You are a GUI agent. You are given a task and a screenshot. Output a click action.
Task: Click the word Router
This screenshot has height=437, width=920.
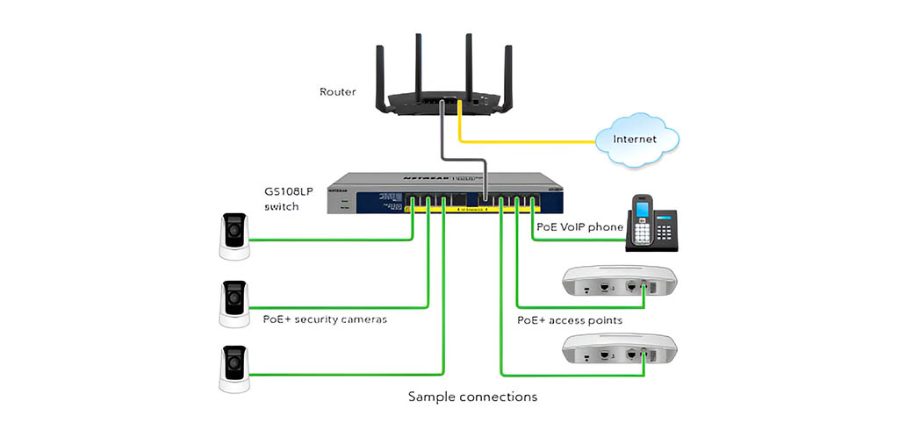[x=338, y=91]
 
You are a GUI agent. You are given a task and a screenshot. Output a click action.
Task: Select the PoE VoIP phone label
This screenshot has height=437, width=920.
[x=579, y=227]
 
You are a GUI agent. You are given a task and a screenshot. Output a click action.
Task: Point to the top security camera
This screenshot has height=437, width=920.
[x=234, y=236]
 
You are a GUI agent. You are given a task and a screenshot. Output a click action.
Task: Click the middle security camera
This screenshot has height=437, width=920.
[x=234, y=303]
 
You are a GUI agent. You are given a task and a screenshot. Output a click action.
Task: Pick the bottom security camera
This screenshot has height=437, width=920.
[x=234, y=369]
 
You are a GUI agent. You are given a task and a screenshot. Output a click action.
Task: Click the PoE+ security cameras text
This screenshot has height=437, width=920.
[x=325, y=319]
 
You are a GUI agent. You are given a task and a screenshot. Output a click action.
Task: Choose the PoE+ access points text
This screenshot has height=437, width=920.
[x=570, y=320]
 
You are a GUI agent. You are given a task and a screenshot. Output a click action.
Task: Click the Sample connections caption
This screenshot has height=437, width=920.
[x=472, y=397]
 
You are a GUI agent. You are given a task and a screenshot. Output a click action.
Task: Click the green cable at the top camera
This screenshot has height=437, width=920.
[x=334, y=240]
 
